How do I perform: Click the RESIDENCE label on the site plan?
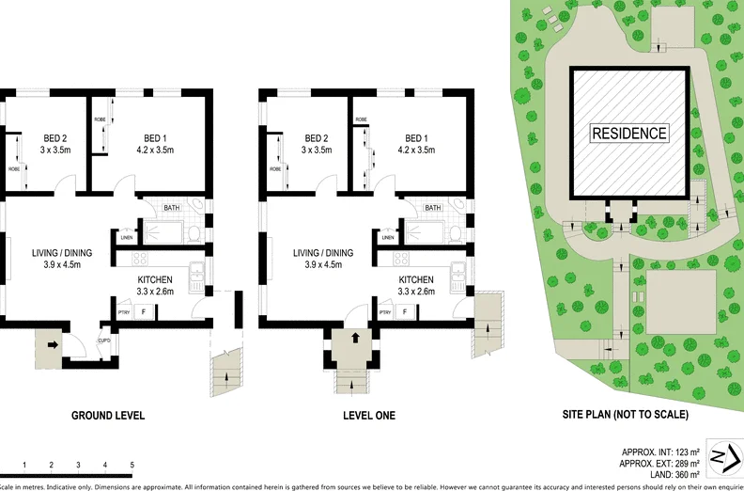tap(629, 134)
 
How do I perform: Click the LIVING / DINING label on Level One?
tap(323, 252)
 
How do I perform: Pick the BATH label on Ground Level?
tap(172, 208)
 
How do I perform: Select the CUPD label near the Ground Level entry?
tap(104, 341)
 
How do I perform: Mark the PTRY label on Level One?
tap(384, 312)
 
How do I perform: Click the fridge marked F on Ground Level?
tap(144, 311)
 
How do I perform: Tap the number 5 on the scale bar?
tap(132, 465)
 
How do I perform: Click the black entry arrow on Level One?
tap(355, 338)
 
